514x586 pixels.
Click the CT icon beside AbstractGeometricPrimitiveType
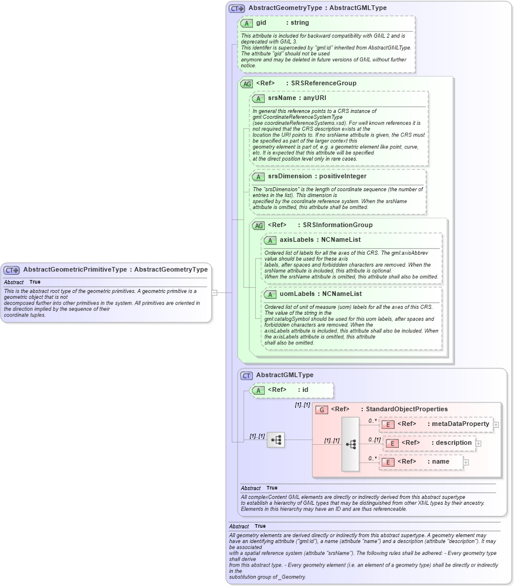point(12,270)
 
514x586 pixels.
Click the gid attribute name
point(261,23)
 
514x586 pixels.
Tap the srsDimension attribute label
point(289,177)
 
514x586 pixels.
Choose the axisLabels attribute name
point(296,240)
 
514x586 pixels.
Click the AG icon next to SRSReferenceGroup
point(247,84)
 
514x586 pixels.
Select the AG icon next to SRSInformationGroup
point(258,225)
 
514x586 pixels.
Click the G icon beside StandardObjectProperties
point(322,409)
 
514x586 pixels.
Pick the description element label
point(453,443)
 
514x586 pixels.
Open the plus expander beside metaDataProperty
point(496,424)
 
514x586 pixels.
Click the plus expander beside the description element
point(478,444)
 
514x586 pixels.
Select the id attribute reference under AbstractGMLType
point(305,390)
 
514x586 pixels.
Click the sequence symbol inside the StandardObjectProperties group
point(351,444)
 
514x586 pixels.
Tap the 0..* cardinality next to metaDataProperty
point(372,421)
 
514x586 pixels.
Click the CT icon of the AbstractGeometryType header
point(236,8)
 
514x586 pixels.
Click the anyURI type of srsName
point(315,98)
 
